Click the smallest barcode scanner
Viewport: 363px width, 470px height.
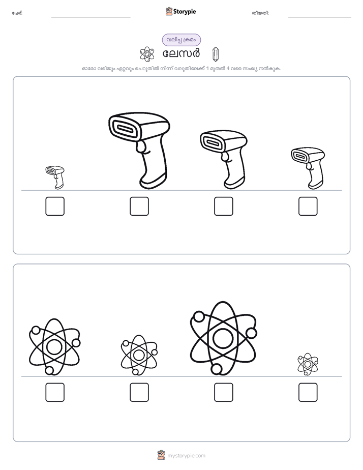[x=55, y=178]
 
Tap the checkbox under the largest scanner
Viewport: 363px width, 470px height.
[x=139, y=206]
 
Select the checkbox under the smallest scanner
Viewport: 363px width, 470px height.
[x=55, y=206]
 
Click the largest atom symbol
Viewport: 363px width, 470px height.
[x=223, y=338]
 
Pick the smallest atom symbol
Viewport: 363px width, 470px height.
[x=308, y=364]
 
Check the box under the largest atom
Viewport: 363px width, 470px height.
[x=223, y=392]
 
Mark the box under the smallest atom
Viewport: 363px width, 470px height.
[x=308, y=392]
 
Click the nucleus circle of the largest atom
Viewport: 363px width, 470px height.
[x=223, y=338]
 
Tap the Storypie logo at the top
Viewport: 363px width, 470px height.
[x=181, y=11]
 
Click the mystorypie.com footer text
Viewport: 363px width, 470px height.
[x=186, y=456]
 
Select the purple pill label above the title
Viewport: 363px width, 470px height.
[x=181, y=40]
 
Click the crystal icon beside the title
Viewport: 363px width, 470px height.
[x=216, y=54]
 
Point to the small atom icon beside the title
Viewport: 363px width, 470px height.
[x=147, y=54]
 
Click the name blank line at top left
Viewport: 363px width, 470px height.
[x=90, y=17]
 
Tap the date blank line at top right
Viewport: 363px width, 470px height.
[x=320, y=17]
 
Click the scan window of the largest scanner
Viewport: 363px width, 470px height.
[x=124, y=129]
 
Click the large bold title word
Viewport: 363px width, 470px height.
[x=181, y=53]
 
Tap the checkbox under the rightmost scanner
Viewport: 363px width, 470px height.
[x=308, y=206]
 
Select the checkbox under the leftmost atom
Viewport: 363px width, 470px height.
[x=55, y=392]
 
